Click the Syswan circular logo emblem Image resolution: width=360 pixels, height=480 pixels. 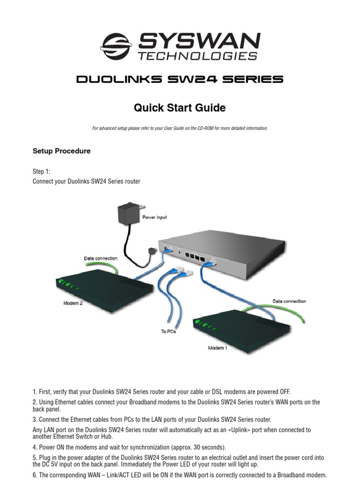point(116,46)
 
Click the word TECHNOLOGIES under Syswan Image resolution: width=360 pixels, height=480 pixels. point(197,56)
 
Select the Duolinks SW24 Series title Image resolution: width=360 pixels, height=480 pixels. point(180,79)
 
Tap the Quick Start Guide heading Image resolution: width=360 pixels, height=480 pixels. point(180,108)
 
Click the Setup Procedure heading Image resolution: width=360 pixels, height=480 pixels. point(61,151)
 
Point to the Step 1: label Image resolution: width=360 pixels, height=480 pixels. point(41,172)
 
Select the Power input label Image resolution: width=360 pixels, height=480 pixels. point(154,217)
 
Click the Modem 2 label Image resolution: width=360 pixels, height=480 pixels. point(73,303)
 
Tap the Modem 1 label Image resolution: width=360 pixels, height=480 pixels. point(217,348)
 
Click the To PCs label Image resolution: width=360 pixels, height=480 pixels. point(169,331)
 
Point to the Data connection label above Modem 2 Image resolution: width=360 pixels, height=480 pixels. point(100,258)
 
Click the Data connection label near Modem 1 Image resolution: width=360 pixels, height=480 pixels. point(289,301)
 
